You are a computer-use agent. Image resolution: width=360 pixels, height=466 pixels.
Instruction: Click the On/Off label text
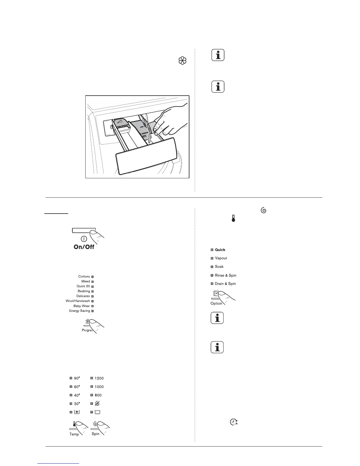[x=84, y=247]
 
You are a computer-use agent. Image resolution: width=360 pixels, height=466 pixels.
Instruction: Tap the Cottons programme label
[x=84, y=277]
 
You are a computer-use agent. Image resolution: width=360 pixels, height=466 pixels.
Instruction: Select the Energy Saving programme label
[x=79, y=311]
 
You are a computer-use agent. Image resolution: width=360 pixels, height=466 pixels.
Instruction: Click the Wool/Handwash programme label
[x=78, y=301]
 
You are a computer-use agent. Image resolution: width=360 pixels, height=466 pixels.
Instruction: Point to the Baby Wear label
[x=81, y=306]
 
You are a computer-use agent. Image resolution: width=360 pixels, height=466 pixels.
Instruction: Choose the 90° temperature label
[x=76, y=378]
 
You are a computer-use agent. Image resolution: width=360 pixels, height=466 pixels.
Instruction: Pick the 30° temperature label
[x=76, y=404]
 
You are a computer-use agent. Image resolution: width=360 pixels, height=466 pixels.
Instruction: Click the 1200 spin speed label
[x=99, y=378]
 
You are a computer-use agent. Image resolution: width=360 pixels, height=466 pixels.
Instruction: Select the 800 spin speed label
[x=98, y=395]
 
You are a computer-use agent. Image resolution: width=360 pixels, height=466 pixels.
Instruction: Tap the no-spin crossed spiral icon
[x=97, y=404]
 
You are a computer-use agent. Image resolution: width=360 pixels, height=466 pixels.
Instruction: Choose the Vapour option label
[x=221, y=258]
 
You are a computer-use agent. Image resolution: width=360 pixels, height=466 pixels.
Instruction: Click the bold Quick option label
[x=220, y=250]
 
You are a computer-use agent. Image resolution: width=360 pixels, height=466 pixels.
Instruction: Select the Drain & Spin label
[x=225, y=284]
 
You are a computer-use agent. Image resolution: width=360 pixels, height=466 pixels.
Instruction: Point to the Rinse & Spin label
[x=226, y=275]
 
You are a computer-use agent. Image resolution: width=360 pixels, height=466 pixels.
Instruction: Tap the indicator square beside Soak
[x=212, y=267]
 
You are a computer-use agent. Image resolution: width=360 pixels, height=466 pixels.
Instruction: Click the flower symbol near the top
[x=182, y=61]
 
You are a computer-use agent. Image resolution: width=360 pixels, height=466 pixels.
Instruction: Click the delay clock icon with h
[x=234, y=422]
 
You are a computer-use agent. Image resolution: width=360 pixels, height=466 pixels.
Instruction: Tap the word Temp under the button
[x=74, y=434]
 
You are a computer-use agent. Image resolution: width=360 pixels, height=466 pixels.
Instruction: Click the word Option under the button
[x=216, y=303]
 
